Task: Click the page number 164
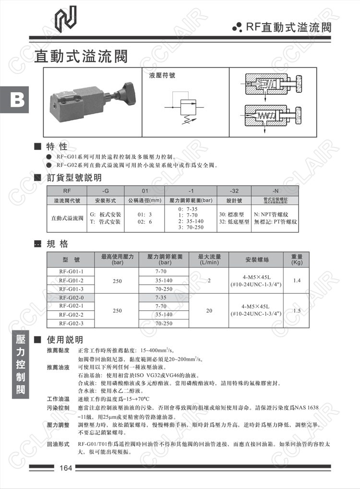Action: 66,468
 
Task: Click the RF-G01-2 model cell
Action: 71,280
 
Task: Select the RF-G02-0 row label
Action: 71,297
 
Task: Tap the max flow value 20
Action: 209,310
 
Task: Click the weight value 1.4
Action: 297,280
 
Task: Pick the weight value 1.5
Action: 297,310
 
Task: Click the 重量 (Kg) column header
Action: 297,259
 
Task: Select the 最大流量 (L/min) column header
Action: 209,259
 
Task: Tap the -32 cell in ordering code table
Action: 234,190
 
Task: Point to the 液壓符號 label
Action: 163,75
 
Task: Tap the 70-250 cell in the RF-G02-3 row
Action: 165,323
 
